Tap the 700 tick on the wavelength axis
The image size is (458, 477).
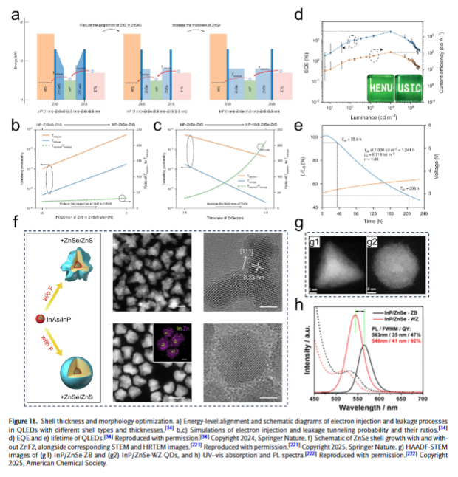(x=423, y=399)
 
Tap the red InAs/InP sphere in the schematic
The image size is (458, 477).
(x=40, y=318)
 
